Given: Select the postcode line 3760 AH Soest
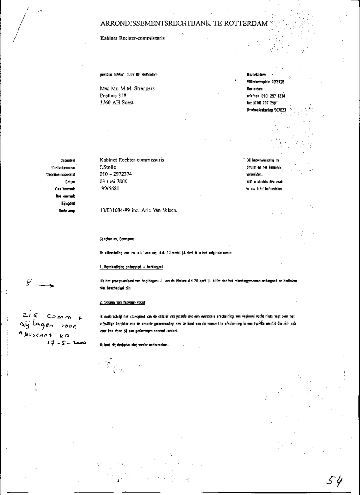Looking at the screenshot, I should pos(116,103).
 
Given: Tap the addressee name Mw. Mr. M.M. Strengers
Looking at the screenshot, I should pos(127,88).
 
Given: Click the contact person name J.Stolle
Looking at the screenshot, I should pos(108,167).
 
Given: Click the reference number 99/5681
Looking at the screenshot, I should pos(110,188).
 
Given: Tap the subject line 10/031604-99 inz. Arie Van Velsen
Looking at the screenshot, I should pos(138,210).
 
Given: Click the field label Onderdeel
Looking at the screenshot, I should pos(68,160).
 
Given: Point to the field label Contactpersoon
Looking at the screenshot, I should pos(64,167).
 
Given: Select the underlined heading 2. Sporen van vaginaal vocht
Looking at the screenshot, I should pos(122,303).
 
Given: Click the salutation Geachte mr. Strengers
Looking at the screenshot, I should pos(117,239).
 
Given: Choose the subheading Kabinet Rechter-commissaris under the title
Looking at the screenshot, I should pos(132,38).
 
